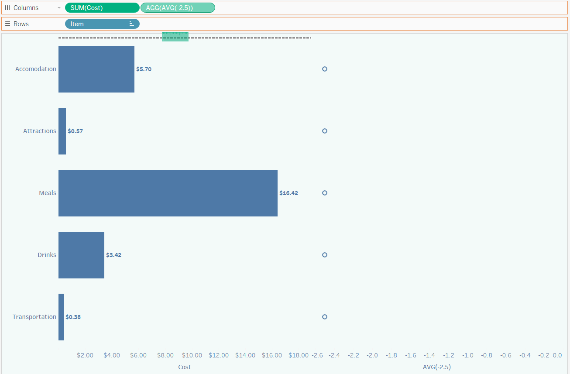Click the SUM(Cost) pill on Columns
click(x=102, y=8)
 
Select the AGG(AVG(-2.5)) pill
click(x=178, y=8)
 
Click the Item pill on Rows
click(x=102, y=24)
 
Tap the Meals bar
click(x=168, y=193)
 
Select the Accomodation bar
click(x=96, y=69)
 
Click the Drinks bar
click(x=81, y=255)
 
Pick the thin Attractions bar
click(x=62, y=131)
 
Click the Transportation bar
click(x=61, y=317)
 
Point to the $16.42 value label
click(x=288, y=193)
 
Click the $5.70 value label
click(x=144, y=69)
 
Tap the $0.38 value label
click(x=73, y=317)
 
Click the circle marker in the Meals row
click(x=324, y=193)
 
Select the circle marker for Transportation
click(x=324, y=317)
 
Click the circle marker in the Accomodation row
click(x=324, y=69)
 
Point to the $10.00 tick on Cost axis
click(x=192, y=355)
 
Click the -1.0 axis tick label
click(x=467, y=355)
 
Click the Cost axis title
click(x=185, y=367)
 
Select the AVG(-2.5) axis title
click(x=436, y=367)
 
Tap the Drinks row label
click(x=47, y=255)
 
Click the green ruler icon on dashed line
click(x=175, y=37)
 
